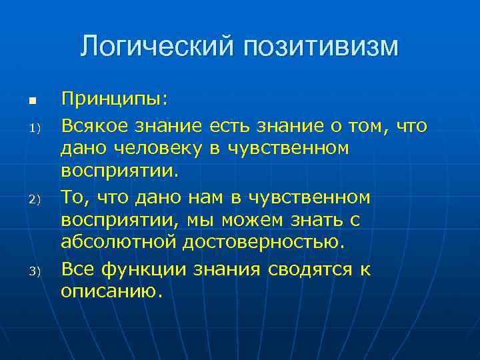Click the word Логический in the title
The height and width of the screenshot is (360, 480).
157,47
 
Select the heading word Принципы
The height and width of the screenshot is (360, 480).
115,100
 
